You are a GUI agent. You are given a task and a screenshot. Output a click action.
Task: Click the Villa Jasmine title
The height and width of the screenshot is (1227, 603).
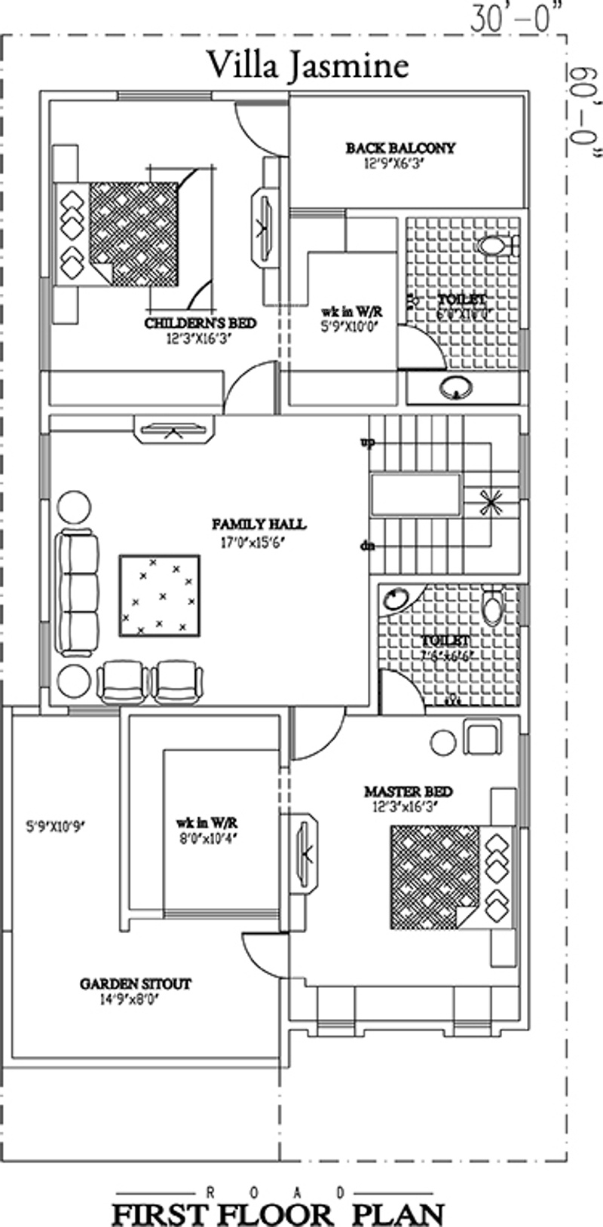[x=308, y=66]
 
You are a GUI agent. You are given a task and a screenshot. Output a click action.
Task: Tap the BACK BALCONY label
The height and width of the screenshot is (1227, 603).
[x=400, y=148]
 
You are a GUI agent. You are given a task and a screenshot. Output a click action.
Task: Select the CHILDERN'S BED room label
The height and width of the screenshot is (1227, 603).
[x=200, y=323]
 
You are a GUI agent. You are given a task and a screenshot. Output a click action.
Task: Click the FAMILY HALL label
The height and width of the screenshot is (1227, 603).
[x=259, y=524]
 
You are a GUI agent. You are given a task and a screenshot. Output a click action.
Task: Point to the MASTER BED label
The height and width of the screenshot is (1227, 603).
[x=408, y=791]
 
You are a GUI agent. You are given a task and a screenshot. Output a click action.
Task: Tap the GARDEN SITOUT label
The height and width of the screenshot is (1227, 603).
[x=135, y=984]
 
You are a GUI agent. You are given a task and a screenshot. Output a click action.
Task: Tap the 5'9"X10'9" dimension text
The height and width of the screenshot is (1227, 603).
[x=55, y=827]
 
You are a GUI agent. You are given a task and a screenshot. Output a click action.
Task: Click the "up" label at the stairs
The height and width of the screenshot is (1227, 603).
[x=367, y=443]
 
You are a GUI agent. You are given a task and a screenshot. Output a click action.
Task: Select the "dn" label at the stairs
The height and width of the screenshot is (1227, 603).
[x=367, y=546]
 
